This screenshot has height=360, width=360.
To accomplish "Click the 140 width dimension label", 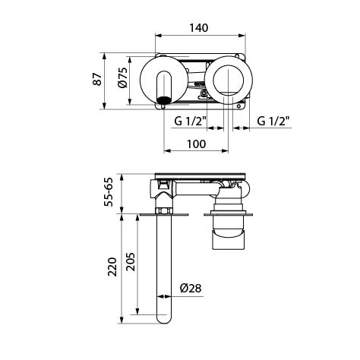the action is click(x=199, y=27).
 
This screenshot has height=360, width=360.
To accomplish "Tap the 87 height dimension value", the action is click(x=97, y=79).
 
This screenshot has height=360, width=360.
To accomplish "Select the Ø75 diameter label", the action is click(x=123, y=77).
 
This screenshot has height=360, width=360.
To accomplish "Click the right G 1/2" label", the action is click(x=273, y=121).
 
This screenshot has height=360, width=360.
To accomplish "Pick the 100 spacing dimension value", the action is click(x=197, y=144).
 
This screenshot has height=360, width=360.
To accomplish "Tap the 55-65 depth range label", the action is click(x=109, y=192).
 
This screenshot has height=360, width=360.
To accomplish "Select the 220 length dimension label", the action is click(x=112, y=267).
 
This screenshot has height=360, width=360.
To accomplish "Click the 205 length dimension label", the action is click(x=131, y=262).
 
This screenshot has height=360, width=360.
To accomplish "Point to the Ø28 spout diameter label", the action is click(x=191, y=288).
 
